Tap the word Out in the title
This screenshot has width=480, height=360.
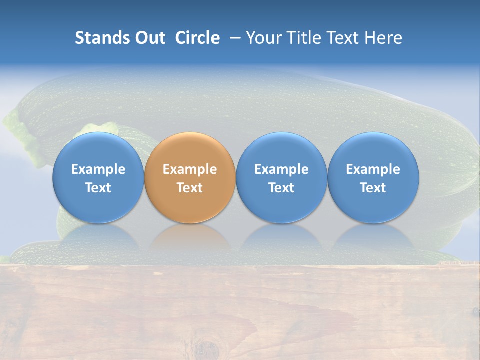149,38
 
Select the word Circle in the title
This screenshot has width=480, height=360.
197,38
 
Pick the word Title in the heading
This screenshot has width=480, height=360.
303,38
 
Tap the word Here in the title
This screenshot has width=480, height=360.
383,38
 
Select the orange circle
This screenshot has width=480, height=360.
190,178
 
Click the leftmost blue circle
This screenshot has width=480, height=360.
98,178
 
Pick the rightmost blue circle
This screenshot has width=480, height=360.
373,178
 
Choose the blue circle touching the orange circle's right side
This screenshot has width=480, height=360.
281,178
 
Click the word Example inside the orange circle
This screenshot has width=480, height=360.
190,169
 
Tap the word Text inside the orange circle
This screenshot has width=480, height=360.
190,188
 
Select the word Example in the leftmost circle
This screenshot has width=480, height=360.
98,169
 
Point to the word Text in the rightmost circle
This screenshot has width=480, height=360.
373,188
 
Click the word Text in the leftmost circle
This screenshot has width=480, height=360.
98,188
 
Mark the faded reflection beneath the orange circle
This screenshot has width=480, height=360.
190,239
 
